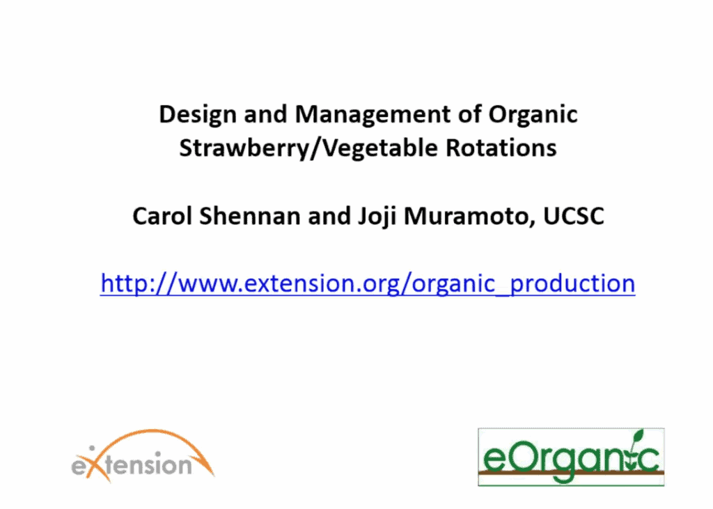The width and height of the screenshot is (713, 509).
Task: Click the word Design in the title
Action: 197,115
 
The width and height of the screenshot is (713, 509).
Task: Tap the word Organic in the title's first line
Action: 533,115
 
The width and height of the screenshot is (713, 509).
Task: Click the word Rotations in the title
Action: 501,148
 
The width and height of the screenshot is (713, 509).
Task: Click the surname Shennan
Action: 250,216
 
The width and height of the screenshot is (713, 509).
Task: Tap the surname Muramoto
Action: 469,217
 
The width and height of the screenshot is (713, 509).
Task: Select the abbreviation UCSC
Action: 574,216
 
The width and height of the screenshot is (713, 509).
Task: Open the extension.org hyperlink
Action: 368,284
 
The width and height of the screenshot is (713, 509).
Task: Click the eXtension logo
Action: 143,455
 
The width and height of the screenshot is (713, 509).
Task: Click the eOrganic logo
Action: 571,457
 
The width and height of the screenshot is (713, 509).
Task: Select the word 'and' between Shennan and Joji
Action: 329,216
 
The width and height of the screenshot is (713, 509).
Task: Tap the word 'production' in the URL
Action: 572,284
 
